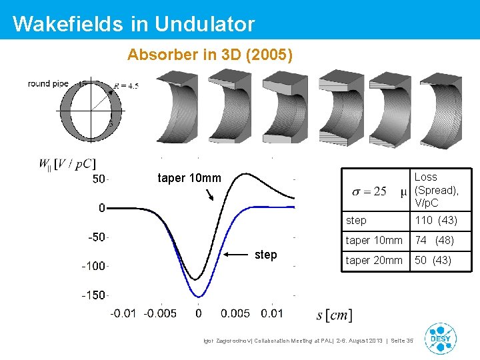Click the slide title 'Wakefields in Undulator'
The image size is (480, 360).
[x=133, y=24]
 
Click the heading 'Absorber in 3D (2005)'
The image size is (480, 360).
[x=209, y=54]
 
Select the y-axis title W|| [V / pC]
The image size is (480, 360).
[x=67, y=163]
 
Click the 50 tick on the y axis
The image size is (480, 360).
[x=98, y=179]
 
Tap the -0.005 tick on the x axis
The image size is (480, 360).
[x=161, y=313]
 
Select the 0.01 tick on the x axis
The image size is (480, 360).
[x=272, y=313]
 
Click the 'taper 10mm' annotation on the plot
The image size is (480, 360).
[x=189, y=178]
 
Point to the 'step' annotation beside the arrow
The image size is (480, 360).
[x=266, y=255]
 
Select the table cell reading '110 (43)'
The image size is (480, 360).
[x=436, y=220]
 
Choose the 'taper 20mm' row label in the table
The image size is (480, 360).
[x=374, y=261]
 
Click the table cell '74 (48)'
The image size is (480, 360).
[x=435, y=240]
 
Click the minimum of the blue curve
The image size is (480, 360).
[x=198, y=296]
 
